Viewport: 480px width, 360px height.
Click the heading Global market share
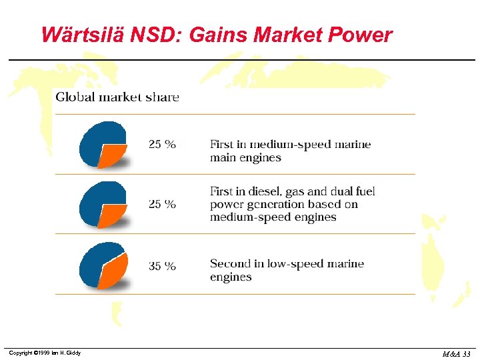pyautogui.click(x=117, y=97)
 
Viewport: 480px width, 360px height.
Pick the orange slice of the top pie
pyautogui.click(x=112, y=156)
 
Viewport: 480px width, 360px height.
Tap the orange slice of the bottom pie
pyautogui.click(x=113, y=272)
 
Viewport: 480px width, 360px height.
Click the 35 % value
pyautogui.click(x=162, y=266)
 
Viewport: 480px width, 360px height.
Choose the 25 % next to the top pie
pyautogui.click(x=162, y=144)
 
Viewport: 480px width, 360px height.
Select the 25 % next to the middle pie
pyautogui.click(x=162, y=204)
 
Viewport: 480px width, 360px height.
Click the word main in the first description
pyautogui.click(x=223, y=158)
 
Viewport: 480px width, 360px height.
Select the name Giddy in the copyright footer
pyautogui.click(x=73, y=353)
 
